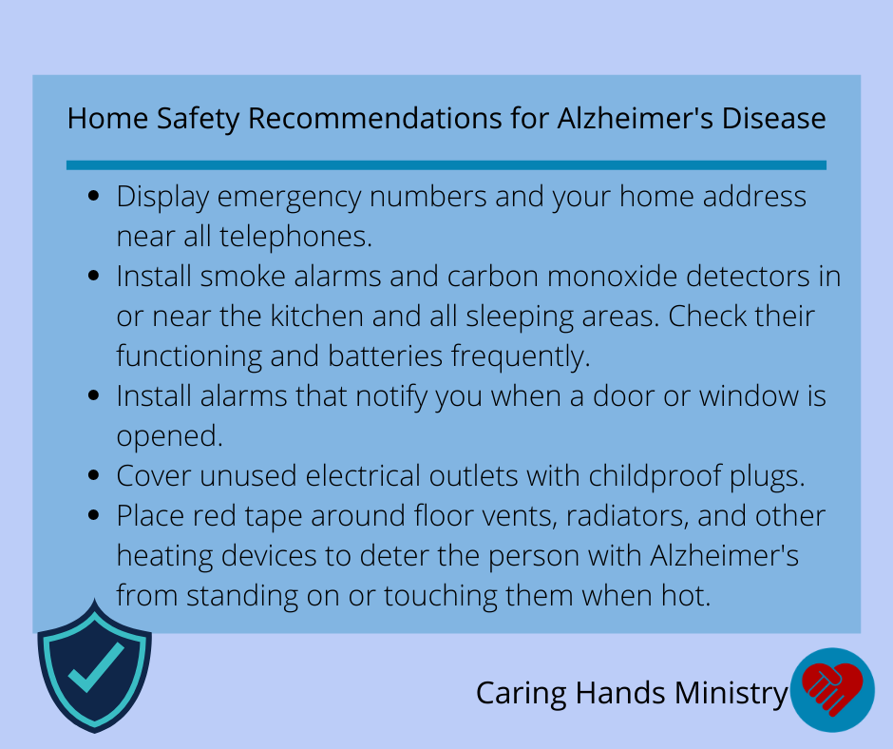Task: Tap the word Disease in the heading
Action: (773, 119)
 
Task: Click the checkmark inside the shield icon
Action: (96, 667)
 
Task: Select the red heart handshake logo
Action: (831, 688)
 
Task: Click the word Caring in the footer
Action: (522, 694)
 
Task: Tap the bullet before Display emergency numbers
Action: (94, 196)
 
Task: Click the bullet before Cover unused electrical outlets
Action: (94, 475)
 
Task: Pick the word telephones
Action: (295, 236)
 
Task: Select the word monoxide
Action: (612, 276)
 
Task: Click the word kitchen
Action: (316, 316)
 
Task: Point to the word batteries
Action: (385, 355)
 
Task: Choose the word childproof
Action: (655, 475)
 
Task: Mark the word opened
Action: (169, 436)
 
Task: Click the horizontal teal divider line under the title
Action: (446, 165)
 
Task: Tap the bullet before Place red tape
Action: (94, 515)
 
